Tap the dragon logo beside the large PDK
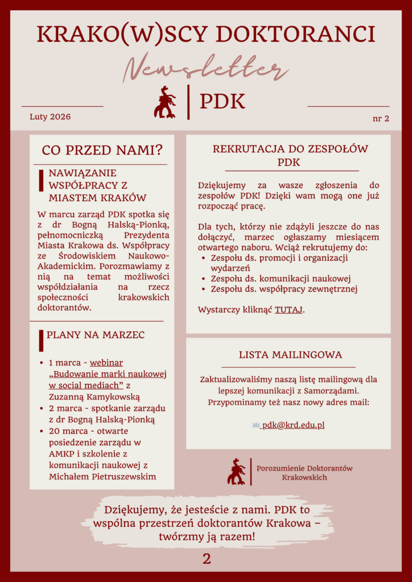click(x=164, y=102)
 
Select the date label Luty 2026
click(x=50, y=117)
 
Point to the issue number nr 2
click(x=381, y=118)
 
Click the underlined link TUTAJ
click(x=289, y=310)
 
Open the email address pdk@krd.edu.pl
click(x=293, y=425)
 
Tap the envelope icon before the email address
click(x=256, y=425)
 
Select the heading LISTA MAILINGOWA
click(x=290, y=355)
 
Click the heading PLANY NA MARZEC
click(x=96, y=335)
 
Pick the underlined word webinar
click(x=106, y=363)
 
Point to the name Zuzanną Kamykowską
click(x=94, y=397)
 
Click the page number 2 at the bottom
click(x=207, y=559)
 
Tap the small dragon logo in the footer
click(x=236, y=471)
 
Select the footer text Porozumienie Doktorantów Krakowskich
click(x=304, y=472)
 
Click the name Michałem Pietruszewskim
click(x=102, y=476)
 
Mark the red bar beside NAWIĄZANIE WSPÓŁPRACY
click(x=41, y=180)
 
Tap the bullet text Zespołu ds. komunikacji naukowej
click(x=281, y=278)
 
